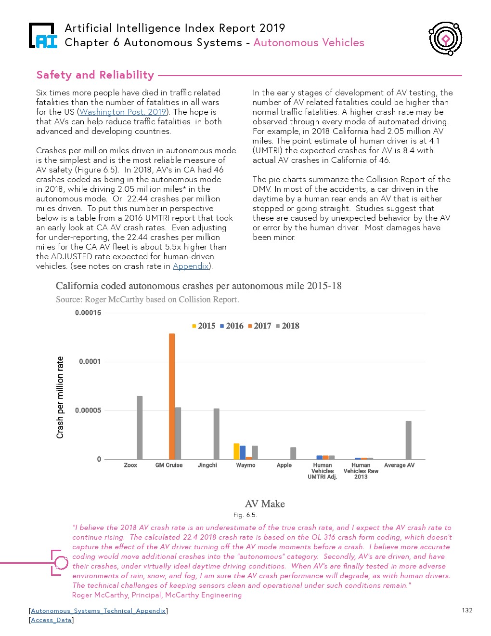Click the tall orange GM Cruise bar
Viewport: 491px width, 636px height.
point(172,396)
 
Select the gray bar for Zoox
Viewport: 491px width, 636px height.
point(140,427)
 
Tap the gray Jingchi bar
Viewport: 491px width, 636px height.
point(217,434)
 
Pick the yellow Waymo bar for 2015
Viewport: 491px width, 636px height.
point(236,451)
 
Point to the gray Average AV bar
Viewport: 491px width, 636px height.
point(409,440)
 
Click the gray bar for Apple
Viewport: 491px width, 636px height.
point(293,453)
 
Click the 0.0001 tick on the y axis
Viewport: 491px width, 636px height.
point(90,362)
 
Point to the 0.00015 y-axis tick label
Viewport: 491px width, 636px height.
point(88,313)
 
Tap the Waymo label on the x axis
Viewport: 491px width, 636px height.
point(245,465)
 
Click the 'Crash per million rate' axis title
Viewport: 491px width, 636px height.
point(60,397)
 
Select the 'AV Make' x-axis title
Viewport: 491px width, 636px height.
point(265,504)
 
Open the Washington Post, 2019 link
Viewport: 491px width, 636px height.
point(123,112)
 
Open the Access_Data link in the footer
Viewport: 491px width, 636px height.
point(52,620)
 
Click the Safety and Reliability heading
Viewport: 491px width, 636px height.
point(95,75)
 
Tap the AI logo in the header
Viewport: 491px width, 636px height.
point(43,36)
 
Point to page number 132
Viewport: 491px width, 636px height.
point(467,610)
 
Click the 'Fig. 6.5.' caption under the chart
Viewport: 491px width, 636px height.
point(245,515)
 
